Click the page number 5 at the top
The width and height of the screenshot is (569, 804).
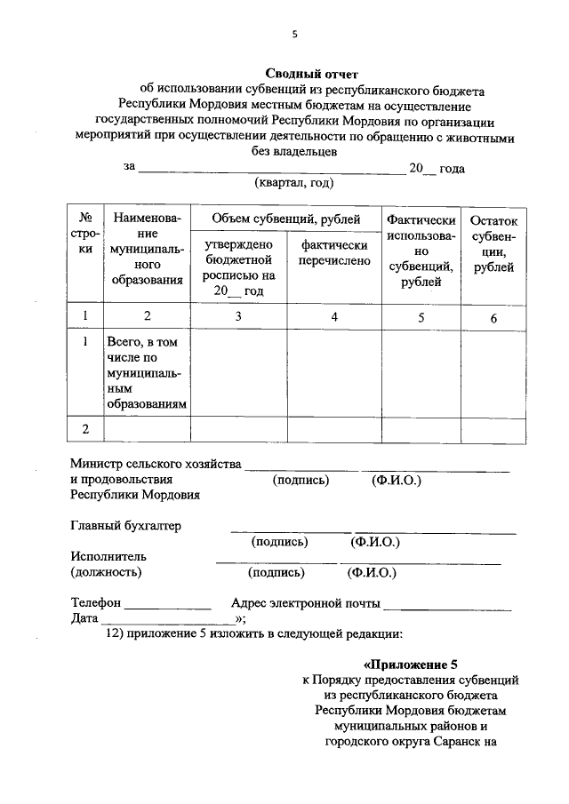294,35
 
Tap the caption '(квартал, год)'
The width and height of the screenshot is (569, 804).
294,183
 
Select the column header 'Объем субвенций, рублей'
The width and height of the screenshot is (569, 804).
285,219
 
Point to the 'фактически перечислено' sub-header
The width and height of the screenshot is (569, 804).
334,253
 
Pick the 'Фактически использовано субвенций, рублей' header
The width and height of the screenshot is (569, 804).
421,251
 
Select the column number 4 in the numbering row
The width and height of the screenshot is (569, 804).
334,316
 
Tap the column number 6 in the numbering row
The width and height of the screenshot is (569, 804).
493,317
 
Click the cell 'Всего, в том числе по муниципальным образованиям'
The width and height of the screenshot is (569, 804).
147,372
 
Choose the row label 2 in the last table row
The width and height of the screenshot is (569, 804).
86,429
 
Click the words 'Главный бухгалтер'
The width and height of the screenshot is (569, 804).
125,526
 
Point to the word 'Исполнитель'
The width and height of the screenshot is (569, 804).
102,556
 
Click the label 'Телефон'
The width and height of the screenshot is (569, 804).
94,603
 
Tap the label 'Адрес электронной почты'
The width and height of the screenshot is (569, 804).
305,603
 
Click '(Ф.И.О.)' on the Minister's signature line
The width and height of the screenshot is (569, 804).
396,481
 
